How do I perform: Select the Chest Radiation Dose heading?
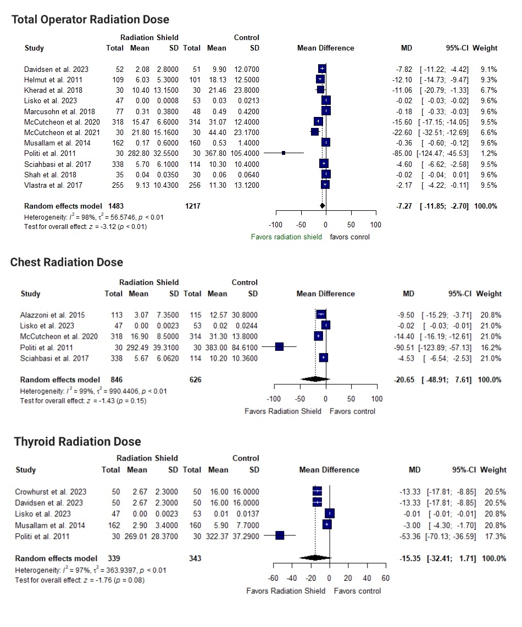point(66,262)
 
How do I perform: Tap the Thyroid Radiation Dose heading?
point(77,442)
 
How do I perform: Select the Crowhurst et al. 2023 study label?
point(51,492)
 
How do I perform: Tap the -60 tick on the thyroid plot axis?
point(273,578)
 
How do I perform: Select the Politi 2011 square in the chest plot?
point(279,346)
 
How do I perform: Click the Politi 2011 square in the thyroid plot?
point(280,535)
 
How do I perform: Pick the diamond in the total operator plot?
point(322,206)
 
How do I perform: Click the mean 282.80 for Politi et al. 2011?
point(137,153)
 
